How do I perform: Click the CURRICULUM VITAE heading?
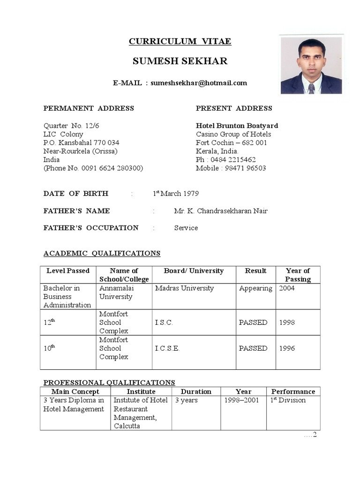tap(180, 42)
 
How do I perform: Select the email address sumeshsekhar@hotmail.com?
tap(199, 83)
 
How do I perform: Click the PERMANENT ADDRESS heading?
tap(89, 108)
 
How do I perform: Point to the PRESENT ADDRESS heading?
tap(234, 108)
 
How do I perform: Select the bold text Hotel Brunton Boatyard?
tap(237, 126)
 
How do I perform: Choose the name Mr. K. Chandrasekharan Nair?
tap(221, 211)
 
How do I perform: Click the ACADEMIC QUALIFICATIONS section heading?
tap(102, 254)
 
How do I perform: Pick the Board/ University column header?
tap(194, 271)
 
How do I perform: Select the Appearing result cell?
tap(255, 288)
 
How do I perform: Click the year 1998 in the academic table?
tap(287, 322)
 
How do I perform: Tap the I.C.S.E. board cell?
tap(167, 348)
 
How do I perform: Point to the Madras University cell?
tap(184, 288)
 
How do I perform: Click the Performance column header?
tap(293, 391)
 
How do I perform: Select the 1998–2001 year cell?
tap(241, 400)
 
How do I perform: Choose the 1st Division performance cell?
tap(288, 400)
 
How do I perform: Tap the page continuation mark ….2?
tap(310, 435)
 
